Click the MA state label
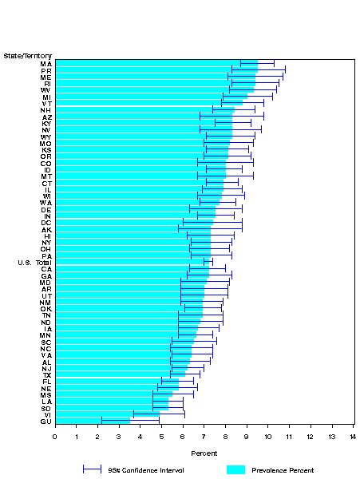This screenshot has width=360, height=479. click(x=46, y=63)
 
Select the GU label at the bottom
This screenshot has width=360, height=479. click(x=46, y=421)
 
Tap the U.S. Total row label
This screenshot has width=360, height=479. click(x=34, y=263)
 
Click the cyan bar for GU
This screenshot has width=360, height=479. click(x=92, y=421)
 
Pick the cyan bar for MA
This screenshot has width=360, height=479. click(x=156, y=63)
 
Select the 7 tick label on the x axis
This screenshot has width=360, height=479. click(x=204, y=436)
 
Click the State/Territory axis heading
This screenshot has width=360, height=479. click(x=28, y=54)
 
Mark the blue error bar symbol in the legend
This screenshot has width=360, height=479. click(x=93, y=469)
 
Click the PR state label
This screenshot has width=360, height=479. click(x=46, y=70)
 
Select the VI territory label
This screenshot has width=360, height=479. click(x=46, y=414)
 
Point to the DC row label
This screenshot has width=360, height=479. click(x=46, y=222)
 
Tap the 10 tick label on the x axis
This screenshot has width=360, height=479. click(x=267, y=436)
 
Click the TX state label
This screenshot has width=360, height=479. click(x=46, y=374)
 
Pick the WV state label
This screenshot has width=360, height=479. click(x=46, y=90)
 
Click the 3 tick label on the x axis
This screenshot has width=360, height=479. click(x=119, y=436)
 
